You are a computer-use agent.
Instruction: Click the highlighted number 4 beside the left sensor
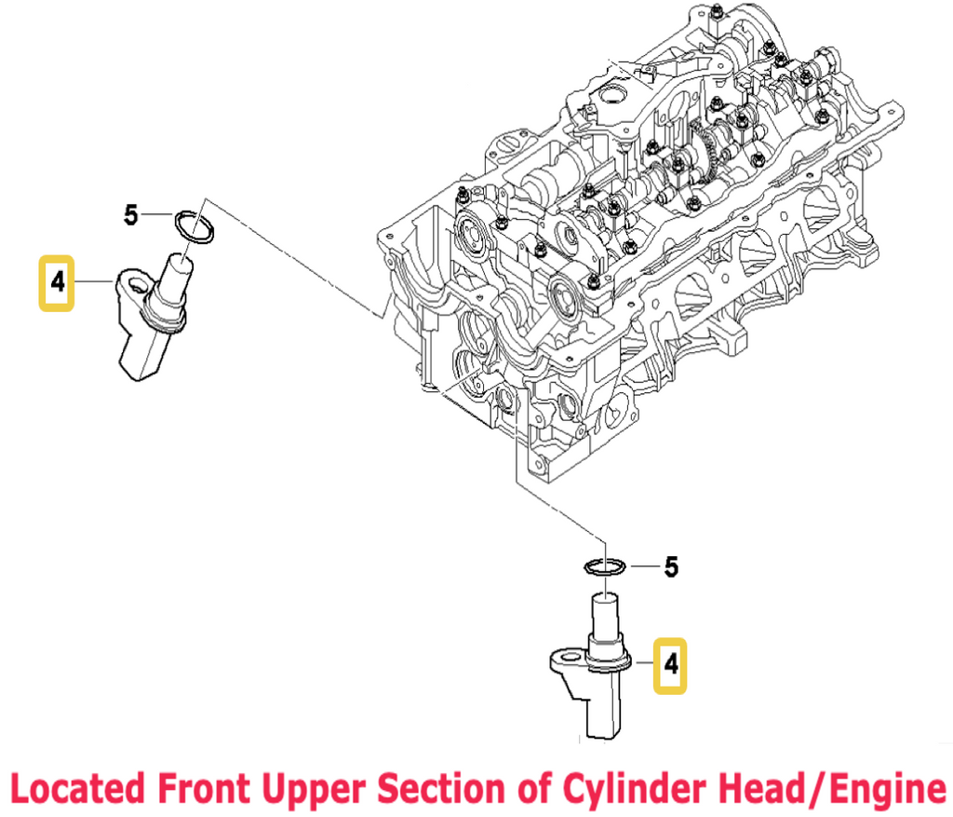pyautogui.click(x=58, y=281)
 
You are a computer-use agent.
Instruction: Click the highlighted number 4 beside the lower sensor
pyautogui.click(x=670, y=665)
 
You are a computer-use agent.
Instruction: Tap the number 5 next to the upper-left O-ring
pyautogui.click(x=131, y=216)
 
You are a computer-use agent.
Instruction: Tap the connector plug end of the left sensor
pyautogui.click(x=140, y=359)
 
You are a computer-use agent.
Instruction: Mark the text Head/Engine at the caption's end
pyautogui.click(x=838, y=788)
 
